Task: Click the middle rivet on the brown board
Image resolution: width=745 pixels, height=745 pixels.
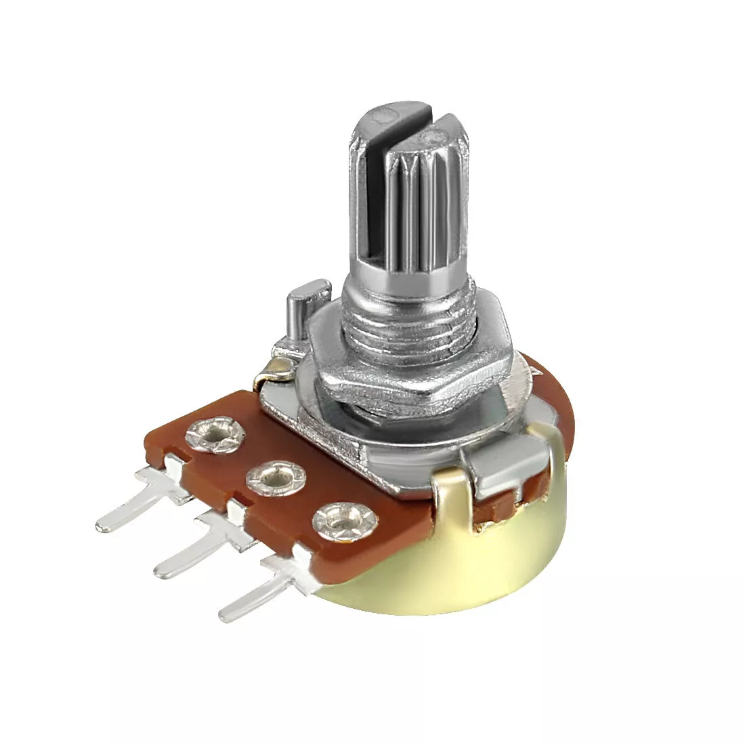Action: pyautogui.click(x=273, y=477)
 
